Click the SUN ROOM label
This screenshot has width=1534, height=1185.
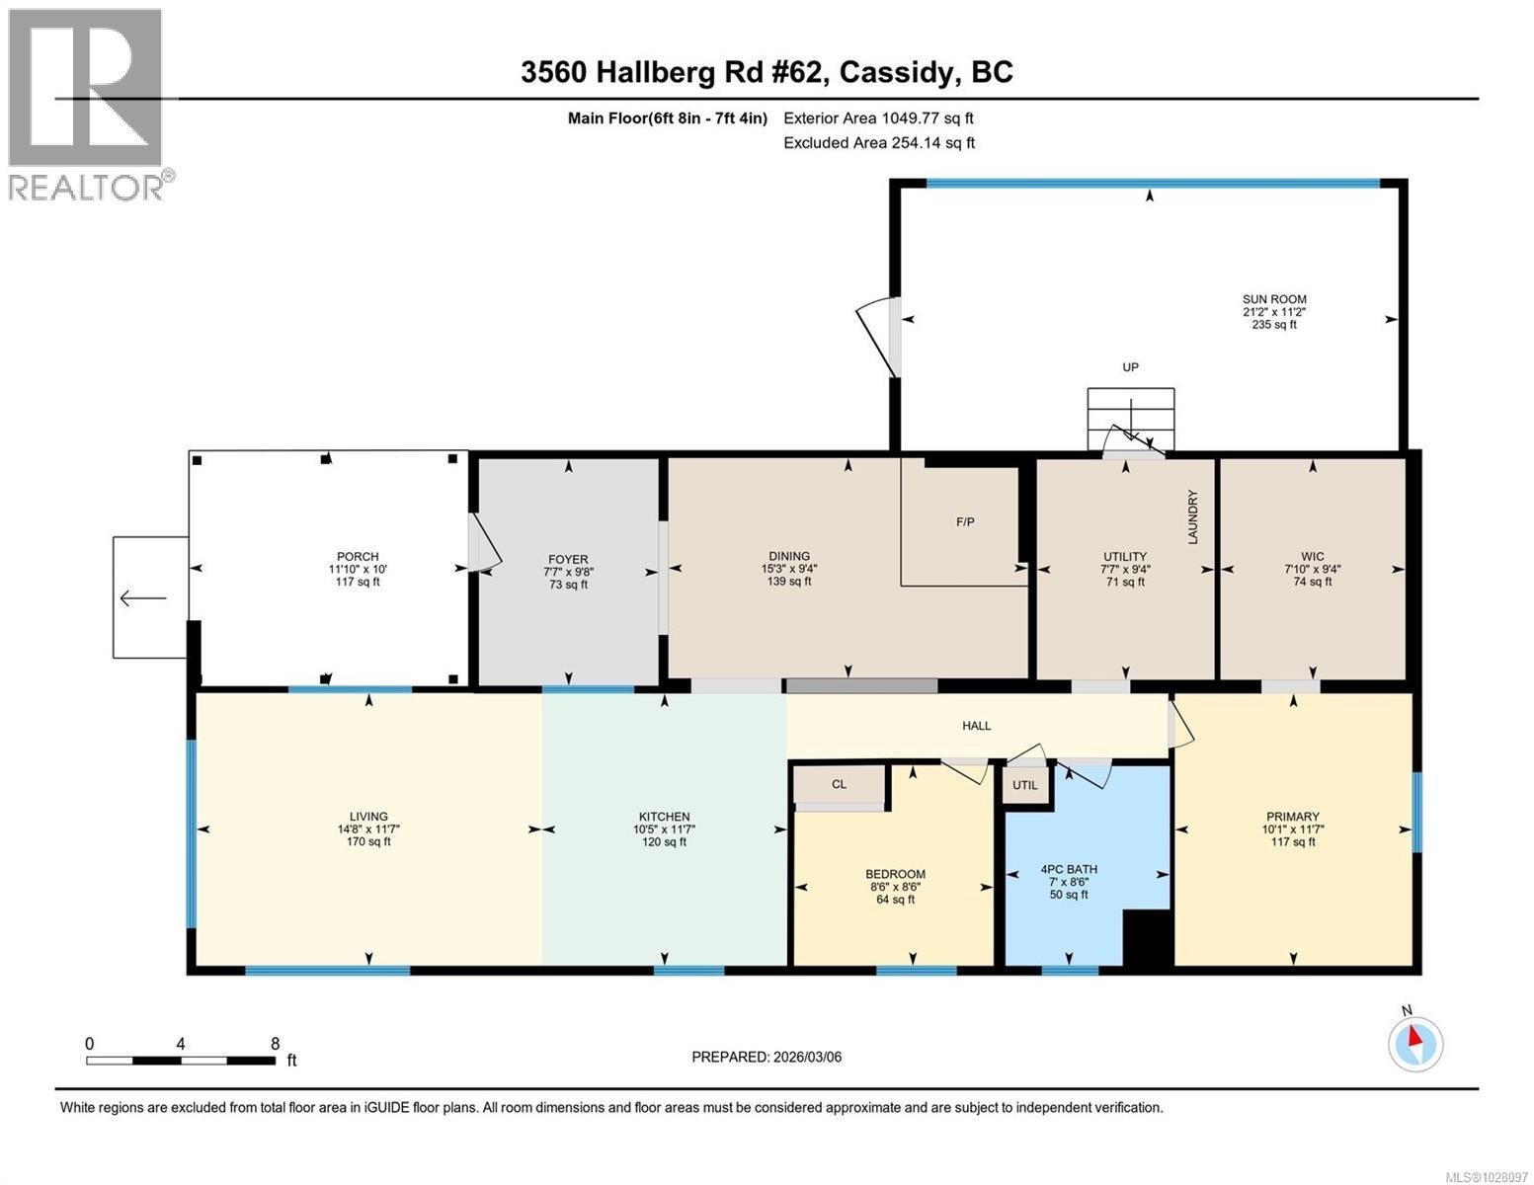click(1273, 299)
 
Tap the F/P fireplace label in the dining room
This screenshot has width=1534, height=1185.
click(965, 521)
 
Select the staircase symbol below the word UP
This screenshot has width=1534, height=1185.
click(1130, 419)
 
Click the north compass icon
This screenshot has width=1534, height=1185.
click(1414, 1043)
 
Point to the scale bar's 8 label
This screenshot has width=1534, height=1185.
click(275, 1044)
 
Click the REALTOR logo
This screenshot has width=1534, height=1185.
click(87, 104)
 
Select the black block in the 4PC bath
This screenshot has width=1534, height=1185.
click(1147, 938)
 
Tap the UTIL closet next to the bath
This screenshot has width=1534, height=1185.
click(1025, 785)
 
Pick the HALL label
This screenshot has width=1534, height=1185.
click(976, 726)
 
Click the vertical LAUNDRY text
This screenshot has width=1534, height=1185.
click(1192, 516)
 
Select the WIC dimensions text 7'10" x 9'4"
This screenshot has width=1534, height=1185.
click(1312, 569)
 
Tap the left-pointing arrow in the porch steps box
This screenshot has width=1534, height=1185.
click(142, 598)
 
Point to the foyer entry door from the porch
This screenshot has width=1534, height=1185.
click(484, 543)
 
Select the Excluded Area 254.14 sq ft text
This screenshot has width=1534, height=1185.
click(878, 142)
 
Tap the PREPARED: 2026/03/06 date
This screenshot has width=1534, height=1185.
click(767, 1057)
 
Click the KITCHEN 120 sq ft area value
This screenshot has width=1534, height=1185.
click(664, 842)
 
